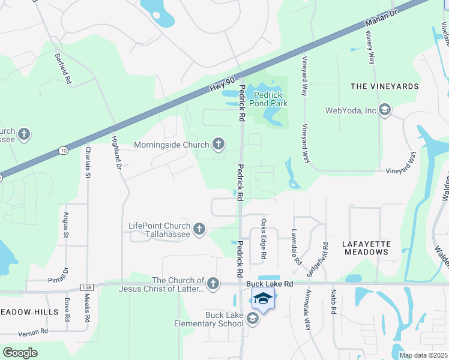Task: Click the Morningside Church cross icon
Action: click(218, 144)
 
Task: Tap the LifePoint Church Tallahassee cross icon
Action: click(199, 229)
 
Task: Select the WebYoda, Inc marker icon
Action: click(384, 110)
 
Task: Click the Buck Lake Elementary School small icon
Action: click(252, 319)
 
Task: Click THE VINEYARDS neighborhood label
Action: click(384, 86)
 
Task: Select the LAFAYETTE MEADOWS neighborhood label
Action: click(366, 248)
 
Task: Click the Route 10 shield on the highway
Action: click(63, 151)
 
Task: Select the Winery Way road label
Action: click(370, 50)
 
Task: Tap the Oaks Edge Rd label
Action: click(263, 239)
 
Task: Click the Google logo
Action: click(20, 352)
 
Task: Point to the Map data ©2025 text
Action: click(423, 355)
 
